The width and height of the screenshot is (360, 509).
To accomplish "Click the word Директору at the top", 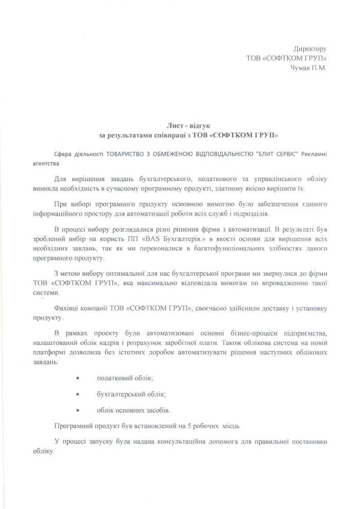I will click(x=310, y=48).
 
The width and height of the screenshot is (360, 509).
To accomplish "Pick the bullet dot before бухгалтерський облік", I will click(x=78, y=394).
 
